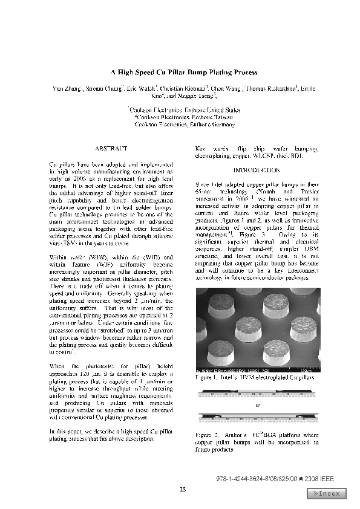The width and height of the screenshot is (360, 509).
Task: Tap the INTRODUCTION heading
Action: tap(257, 170)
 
